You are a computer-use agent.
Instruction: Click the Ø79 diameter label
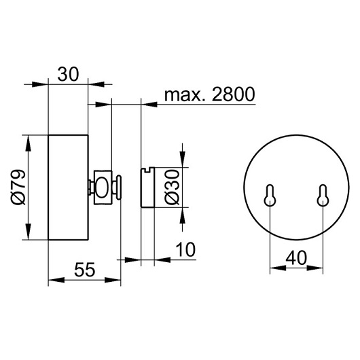point(18,187)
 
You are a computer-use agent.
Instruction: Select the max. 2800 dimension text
point(210,94)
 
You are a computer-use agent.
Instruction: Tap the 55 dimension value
point(84,270)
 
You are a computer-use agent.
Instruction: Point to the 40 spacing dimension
point(296,257)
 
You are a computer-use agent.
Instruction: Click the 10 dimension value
point(185,250)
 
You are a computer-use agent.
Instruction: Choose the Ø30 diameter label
point(173,187)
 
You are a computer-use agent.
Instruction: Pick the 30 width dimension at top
point(68,74)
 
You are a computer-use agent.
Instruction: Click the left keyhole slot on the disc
point(270,195)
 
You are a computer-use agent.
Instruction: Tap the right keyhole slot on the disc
point(323,195)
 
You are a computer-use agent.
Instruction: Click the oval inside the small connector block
point(102,187)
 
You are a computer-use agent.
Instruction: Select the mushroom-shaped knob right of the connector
point(118,187)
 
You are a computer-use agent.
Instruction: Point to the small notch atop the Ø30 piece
point(147,169)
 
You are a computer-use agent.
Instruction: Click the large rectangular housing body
point(68,187)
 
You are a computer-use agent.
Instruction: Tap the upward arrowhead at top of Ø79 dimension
point(28,143)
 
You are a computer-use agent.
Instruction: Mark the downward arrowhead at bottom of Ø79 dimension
point(28,232)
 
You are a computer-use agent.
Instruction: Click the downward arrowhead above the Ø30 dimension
point(182,160)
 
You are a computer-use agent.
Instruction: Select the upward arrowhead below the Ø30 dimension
point(182,215)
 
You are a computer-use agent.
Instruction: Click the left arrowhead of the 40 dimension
point(278,268)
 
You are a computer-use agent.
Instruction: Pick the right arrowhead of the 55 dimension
point(113,280)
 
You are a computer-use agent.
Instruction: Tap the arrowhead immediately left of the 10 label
point(162,260)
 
